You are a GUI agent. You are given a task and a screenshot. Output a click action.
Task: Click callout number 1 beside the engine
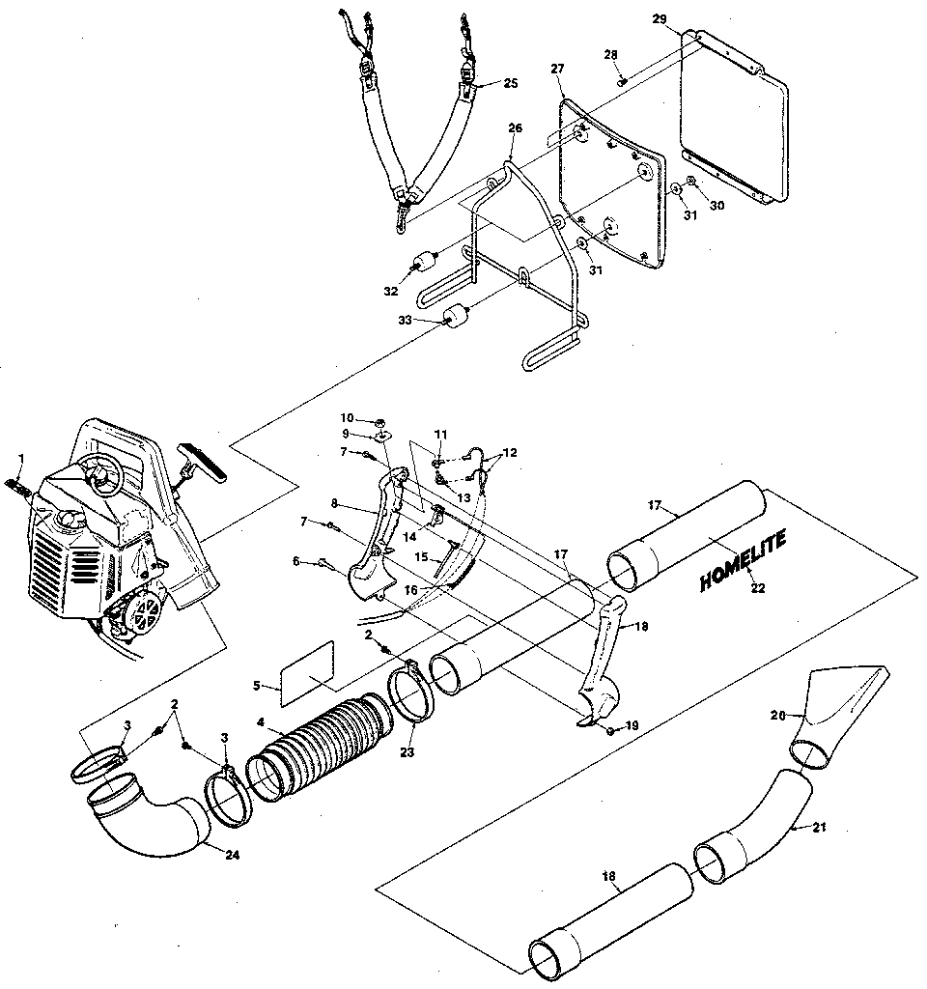21,457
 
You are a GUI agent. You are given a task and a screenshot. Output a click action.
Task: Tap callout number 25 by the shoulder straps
511,84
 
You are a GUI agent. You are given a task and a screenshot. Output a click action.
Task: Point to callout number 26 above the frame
514,128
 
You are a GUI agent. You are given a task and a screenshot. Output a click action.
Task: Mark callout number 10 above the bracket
348,417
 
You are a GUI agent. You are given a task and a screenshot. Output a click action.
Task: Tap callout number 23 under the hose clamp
407,749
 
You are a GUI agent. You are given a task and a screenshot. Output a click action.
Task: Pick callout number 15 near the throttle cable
421,557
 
